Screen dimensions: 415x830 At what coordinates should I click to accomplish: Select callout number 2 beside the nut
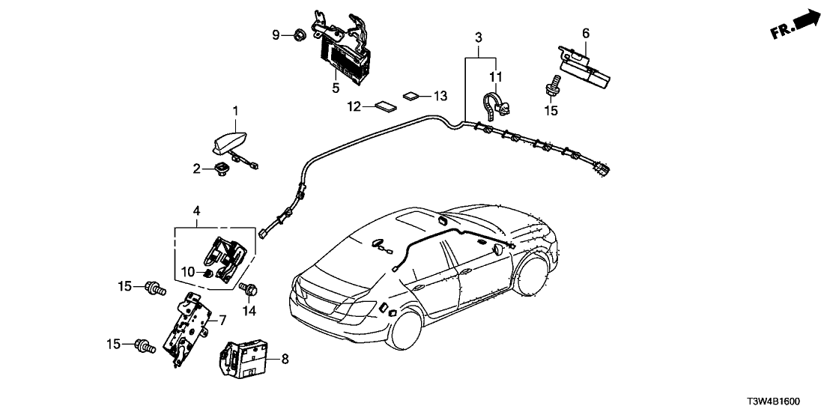196,169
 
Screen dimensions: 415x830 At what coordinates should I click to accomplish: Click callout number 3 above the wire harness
479,37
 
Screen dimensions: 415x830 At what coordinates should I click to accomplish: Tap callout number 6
586,32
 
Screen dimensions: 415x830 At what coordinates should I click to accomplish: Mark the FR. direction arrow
795,23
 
